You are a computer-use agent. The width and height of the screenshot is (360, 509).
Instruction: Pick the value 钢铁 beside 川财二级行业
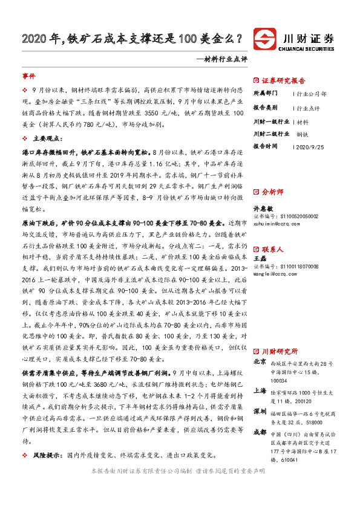click(x=304, y=135)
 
